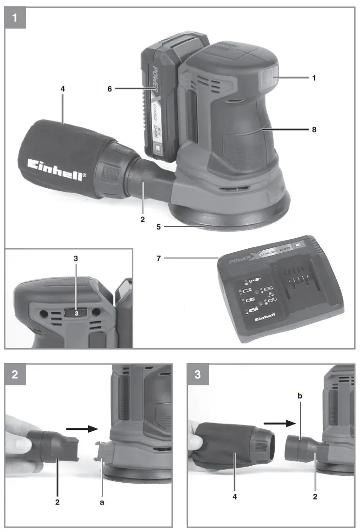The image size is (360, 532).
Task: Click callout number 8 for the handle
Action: (314, 130)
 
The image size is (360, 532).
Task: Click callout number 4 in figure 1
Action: (63, 89)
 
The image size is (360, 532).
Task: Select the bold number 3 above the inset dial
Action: (76, 258)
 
